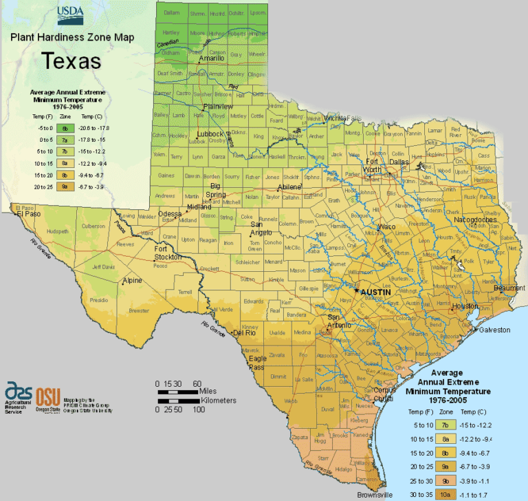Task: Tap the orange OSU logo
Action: coord(47,397)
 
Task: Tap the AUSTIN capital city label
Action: coord(376,292)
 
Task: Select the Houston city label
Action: coord(465,306)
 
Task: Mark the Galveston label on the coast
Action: coord(495,330)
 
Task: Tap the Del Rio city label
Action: coord(250,333)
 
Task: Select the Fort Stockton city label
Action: coord(167,253)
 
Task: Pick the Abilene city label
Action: coord(289,187)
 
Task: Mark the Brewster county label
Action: coord(139,310)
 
